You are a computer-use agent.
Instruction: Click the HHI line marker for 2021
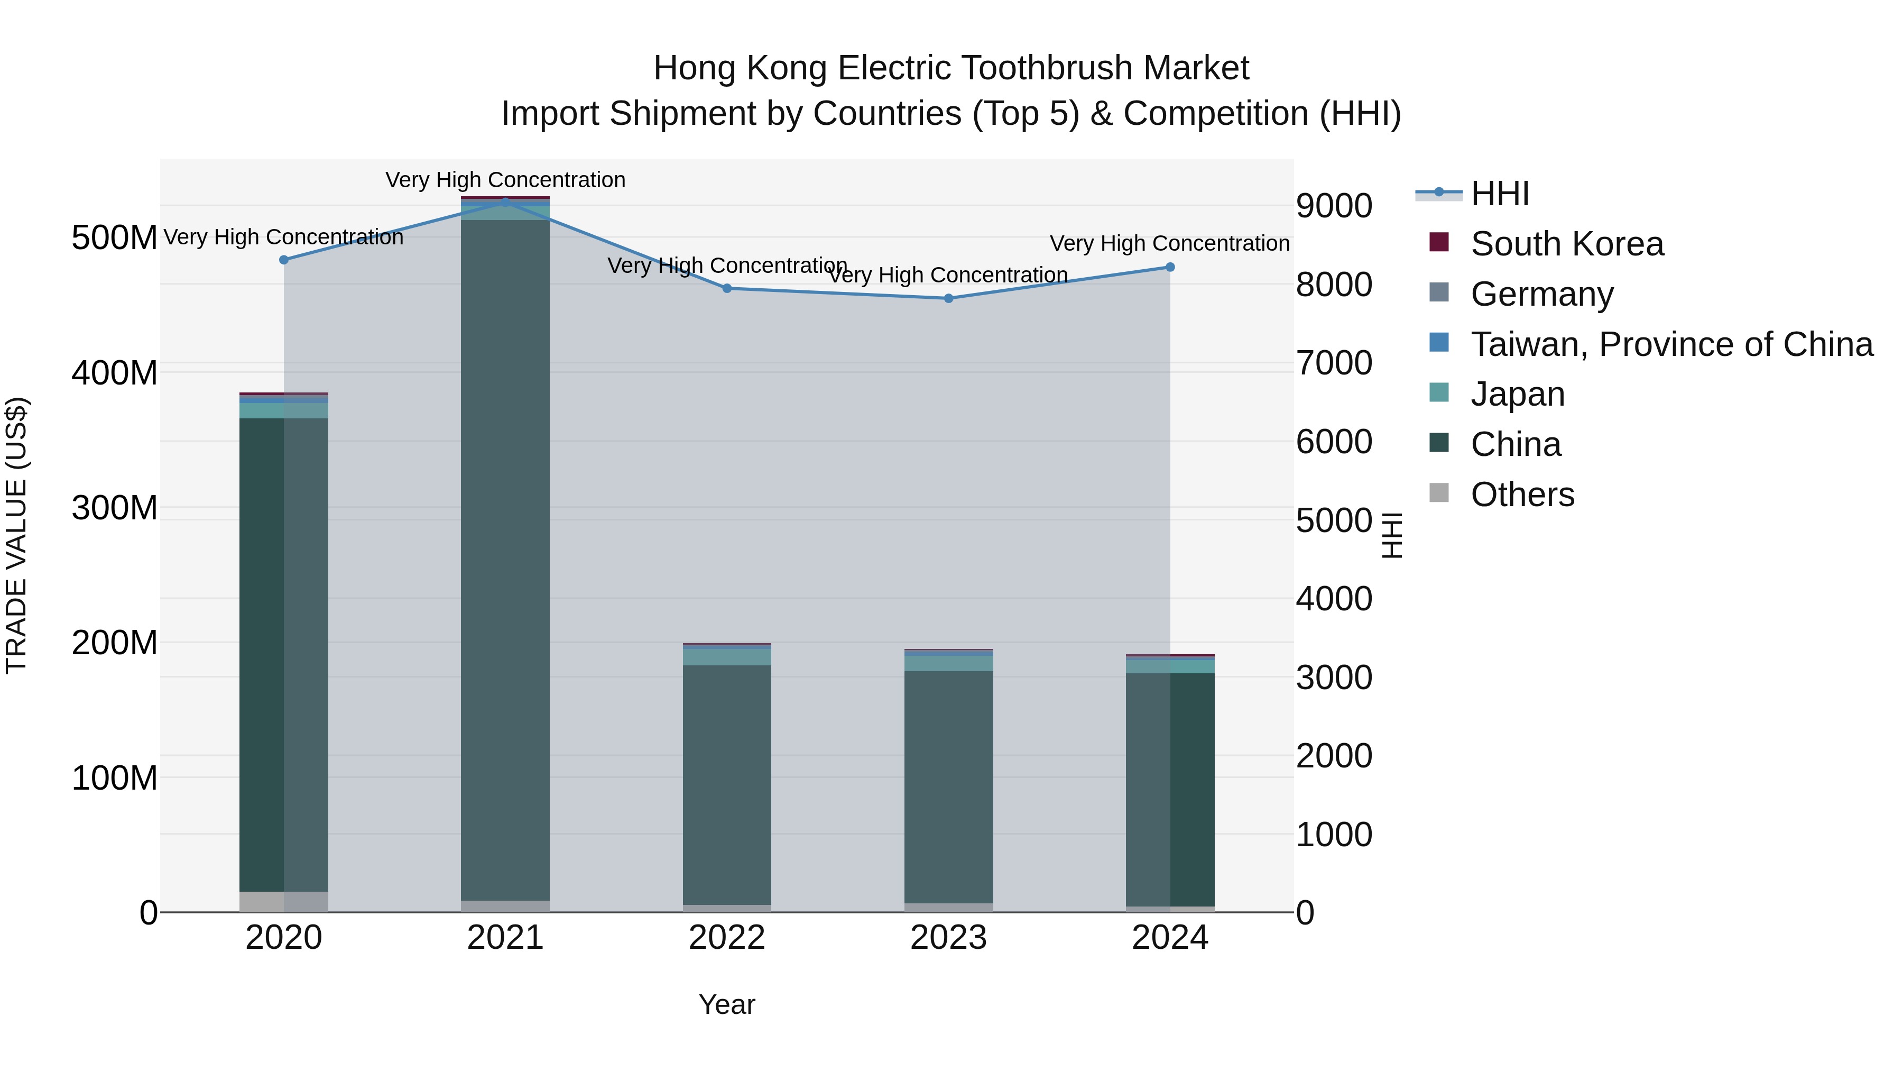click(505, 200)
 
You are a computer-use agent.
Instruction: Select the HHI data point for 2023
click(948, 299)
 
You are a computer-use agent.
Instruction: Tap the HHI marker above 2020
click(284, 260)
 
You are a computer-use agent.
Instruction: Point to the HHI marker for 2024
click(1170, 267)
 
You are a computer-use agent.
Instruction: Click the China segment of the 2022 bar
click(727, 783)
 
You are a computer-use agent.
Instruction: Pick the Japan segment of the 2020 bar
click(284, 411)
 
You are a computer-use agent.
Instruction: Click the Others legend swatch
click(1439, 493)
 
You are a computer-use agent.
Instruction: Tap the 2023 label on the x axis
click(948, 938)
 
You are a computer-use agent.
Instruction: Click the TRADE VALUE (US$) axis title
click(16, 535)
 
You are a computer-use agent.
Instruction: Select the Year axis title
click(727, 1004)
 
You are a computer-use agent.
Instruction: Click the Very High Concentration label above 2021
click(505, 180)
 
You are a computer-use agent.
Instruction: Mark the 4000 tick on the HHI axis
click(1334, 599)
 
